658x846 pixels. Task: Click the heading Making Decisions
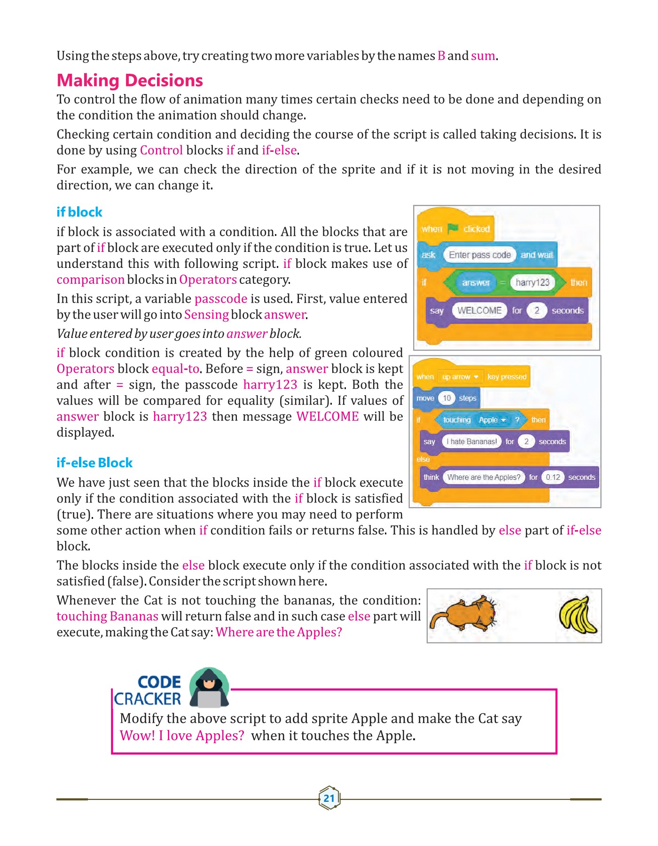click(130, 80)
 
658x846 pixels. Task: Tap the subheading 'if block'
click(79, 212)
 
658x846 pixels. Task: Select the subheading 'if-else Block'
click(94, 462)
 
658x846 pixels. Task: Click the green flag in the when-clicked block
click(453, 228)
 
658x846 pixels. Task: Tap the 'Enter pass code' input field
click(479, 255)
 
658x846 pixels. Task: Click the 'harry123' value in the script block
click(532, 282)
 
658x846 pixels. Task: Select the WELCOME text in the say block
click(479, 310)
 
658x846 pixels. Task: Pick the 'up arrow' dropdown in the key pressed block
click(460, 377)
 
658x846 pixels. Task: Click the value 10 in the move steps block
click(446, 398)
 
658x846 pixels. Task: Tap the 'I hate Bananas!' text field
click(471, 441)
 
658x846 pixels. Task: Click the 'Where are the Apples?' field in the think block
click(484, 477)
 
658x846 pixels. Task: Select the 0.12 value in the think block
click(553, 477)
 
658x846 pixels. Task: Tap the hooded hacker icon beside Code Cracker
click(209, 689)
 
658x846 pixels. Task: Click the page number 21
click(329, 798)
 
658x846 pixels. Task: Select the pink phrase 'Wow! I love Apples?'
click(182, 736)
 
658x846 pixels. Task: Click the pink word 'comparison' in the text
click(90, 280)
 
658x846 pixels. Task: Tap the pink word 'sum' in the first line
click(483, 56)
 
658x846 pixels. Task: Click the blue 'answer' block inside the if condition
click(476, 282)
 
